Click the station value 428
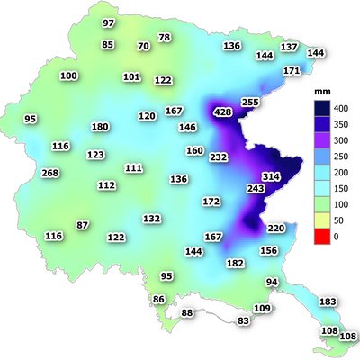click(222, 112)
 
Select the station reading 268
click(50, 173)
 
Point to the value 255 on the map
click(250, 103)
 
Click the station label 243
click(256, 189)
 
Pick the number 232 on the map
click(219, 157)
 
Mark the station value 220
click(276, 229)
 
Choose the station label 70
click(143, 46)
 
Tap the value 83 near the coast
click(243, 320)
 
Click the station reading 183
click(328, 301)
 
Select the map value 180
click(100, 127)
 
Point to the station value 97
click(109, 22)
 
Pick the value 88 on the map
click(187, 312)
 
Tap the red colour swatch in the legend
click(316, 236)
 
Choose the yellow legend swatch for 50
click(316, 220)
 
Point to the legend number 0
click(336, 237)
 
